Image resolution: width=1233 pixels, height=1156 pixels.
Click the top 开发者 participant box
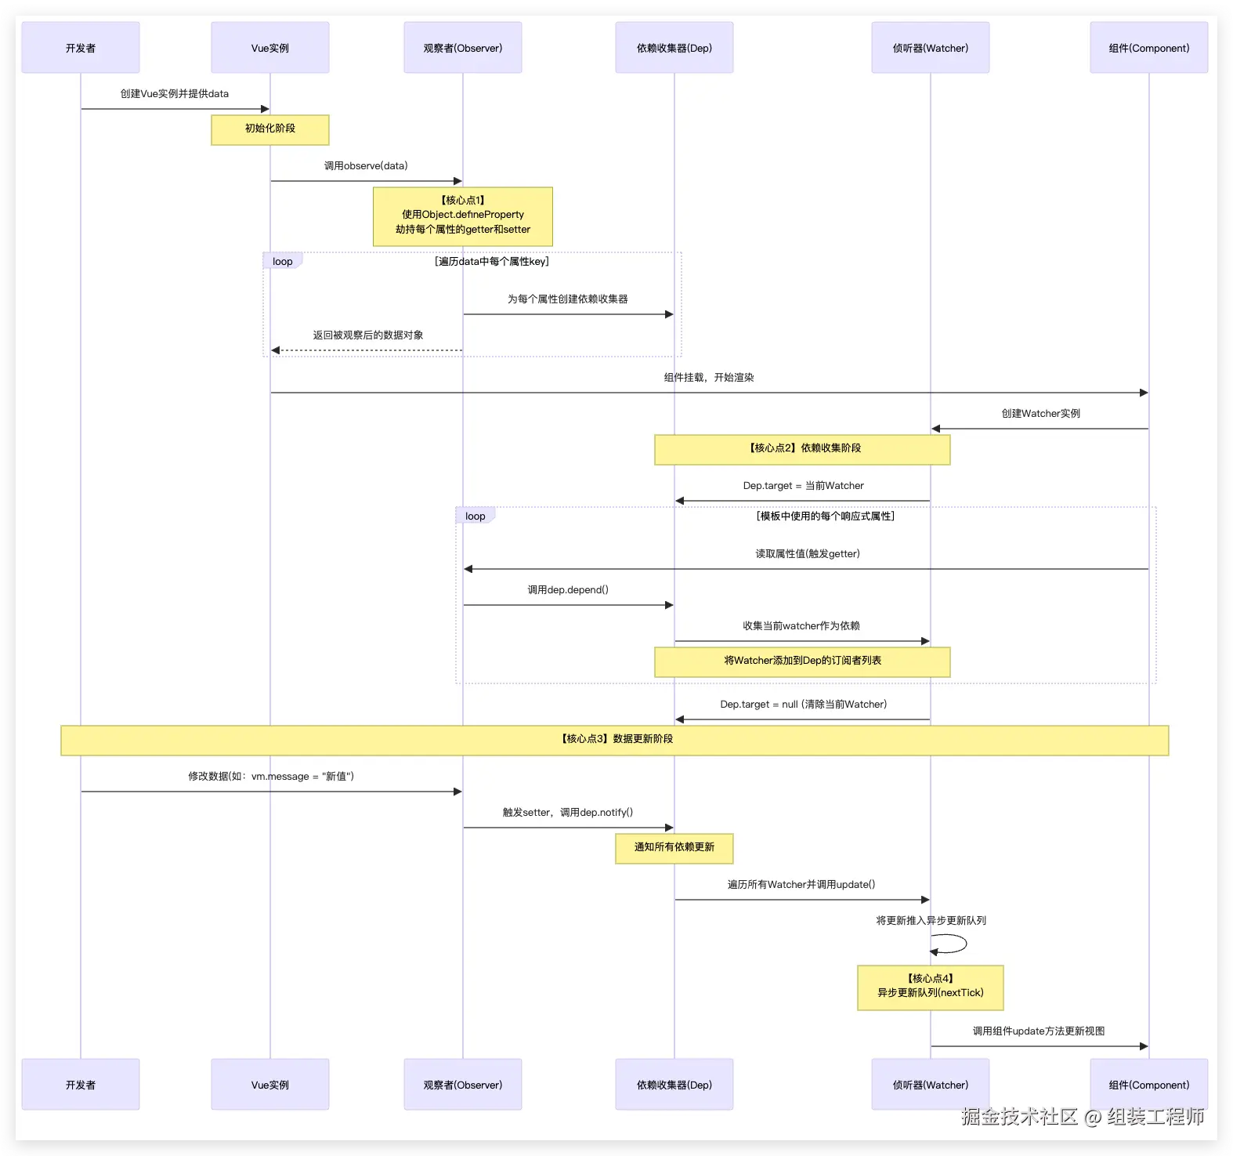click(81, 48)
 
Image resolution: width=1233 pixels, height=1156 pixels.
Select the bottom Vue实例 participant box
click(270, 1085)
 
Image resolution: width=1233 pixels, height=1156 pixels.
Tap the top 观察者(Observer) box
click(463, 48)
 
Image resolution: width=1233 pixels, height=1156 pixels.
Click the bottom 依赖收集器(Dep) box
click(674, 1085)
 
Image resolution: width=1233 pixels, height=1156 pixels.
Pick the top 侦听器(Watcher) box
click(931, 48)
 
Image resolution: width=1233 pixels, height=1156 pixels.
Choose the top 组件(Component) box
click(1149, 48)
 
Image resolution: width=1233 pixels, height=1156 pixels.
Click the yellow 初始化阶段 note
click(270, 130)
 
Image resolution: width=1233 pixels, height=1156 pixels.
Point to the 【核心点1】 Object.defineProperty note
click(463, 216)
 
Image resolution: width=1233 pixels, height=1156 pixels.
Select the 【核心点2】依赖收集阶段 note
click(803, 450)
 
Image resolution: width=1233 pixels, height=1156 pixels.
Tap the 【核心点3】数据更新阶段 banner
click(615, 741)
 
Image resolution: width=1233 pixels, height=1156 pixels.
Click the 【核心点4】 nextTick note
click(931, 987)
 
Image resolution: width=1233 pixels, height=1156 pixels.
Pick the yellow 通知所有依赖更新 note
click(674, 849)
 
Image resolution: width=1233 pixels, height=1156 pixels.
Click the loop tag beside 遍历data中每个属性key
click(283, 261)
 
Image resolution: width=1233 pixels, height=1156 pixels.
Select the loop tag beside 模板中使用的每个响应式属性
click(475, 516)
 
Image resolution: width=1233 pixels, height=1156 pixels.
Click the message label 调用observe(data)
click(366, 166)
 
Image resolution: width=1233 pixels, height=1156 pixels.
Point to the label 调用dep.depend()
click(568, 590)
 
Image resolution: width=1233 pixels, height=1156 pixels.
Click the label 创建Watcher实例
click(1040, 414)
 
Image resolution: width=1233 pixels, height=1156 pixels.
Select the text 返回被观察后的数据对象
click(368, 335)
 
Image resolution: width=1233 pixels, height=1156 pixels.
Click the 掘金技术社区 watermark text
click(1019, 1116)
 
